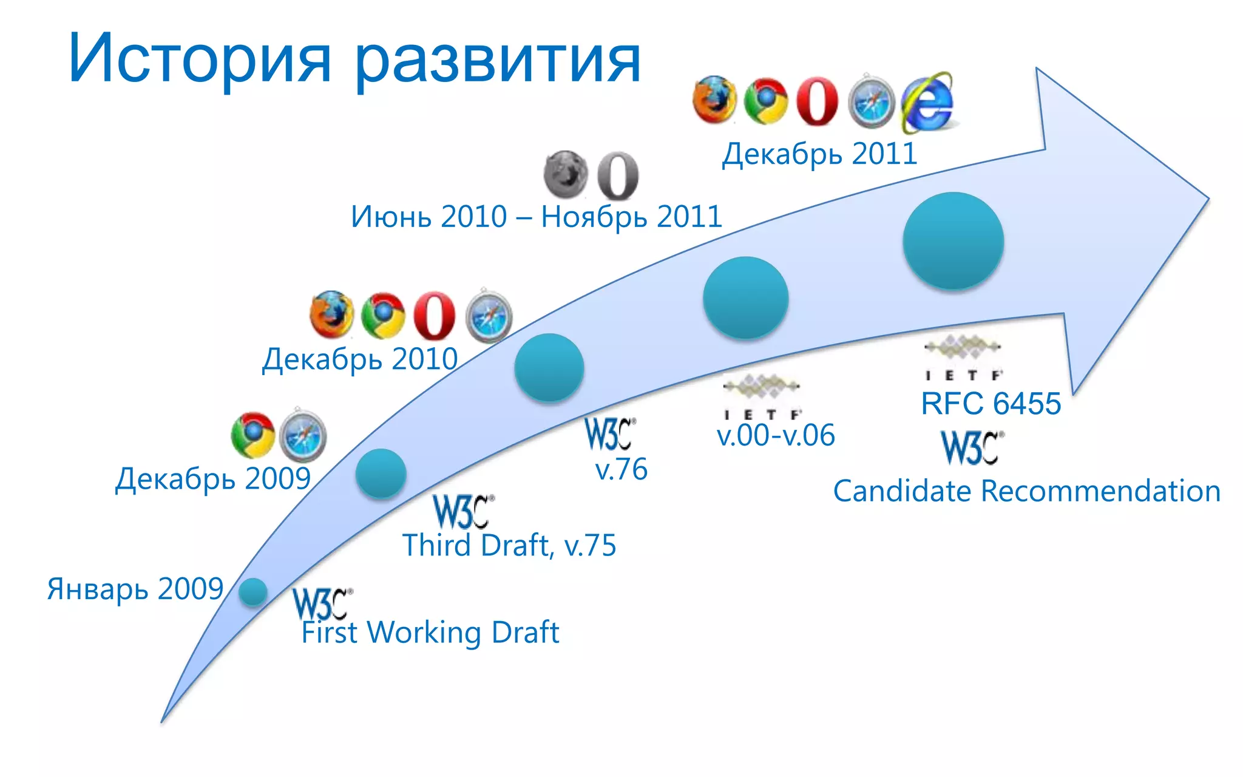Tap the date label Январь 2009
(135, 589)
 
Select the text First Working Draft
(430, 633)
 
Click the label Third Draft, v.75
(509, 545)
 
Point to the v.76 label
(621, 469)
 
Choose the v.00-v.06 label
(776, 435)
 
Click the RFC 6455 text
(991, 404)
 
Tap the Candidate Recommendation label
(1026, 491)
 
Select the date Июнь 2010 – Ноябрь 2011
(537, 217)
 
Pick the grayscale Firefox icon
(565, 174)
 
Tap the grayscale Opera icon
(618, 175)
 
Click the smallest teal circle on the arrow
(252, 592)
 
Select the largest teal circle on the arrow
(953, 241)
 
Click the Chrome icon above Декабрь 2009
(253, 435)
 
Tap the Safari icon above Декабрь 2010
(489, 316)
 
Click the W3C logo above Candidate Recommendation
(972, 447)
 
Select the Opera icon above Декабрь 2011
(817, 101)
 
